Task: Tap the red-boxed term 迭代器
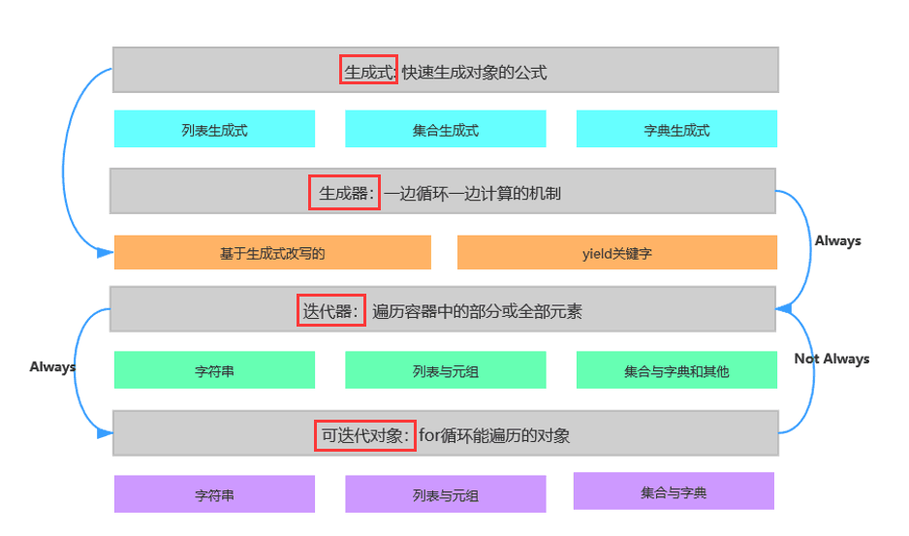pos(330,310)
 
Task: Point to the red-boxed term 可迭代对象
pos(365,435)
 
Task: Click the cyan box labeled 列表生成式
pos(214,129)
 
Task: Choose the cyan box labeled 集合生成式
pos(446,129)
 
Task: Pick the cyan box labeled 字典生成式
pos(676,129)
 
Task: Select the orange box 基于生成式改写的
pos(272,253)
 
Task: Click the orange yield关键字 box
pos(617,253)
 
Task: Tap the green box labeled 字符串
pos(214,370)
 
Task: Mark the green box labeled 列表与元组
pos(446,370)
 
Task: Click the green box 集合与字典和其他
pos(676,370)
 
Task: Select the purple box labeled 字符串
pos(214,494)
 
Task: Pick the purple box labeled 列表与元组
pos(446,494)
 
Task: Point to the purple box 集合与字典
pos(674,491)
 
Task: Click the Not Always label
pos(831,359)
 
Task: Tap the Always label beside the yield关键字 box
pos(837,240)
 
